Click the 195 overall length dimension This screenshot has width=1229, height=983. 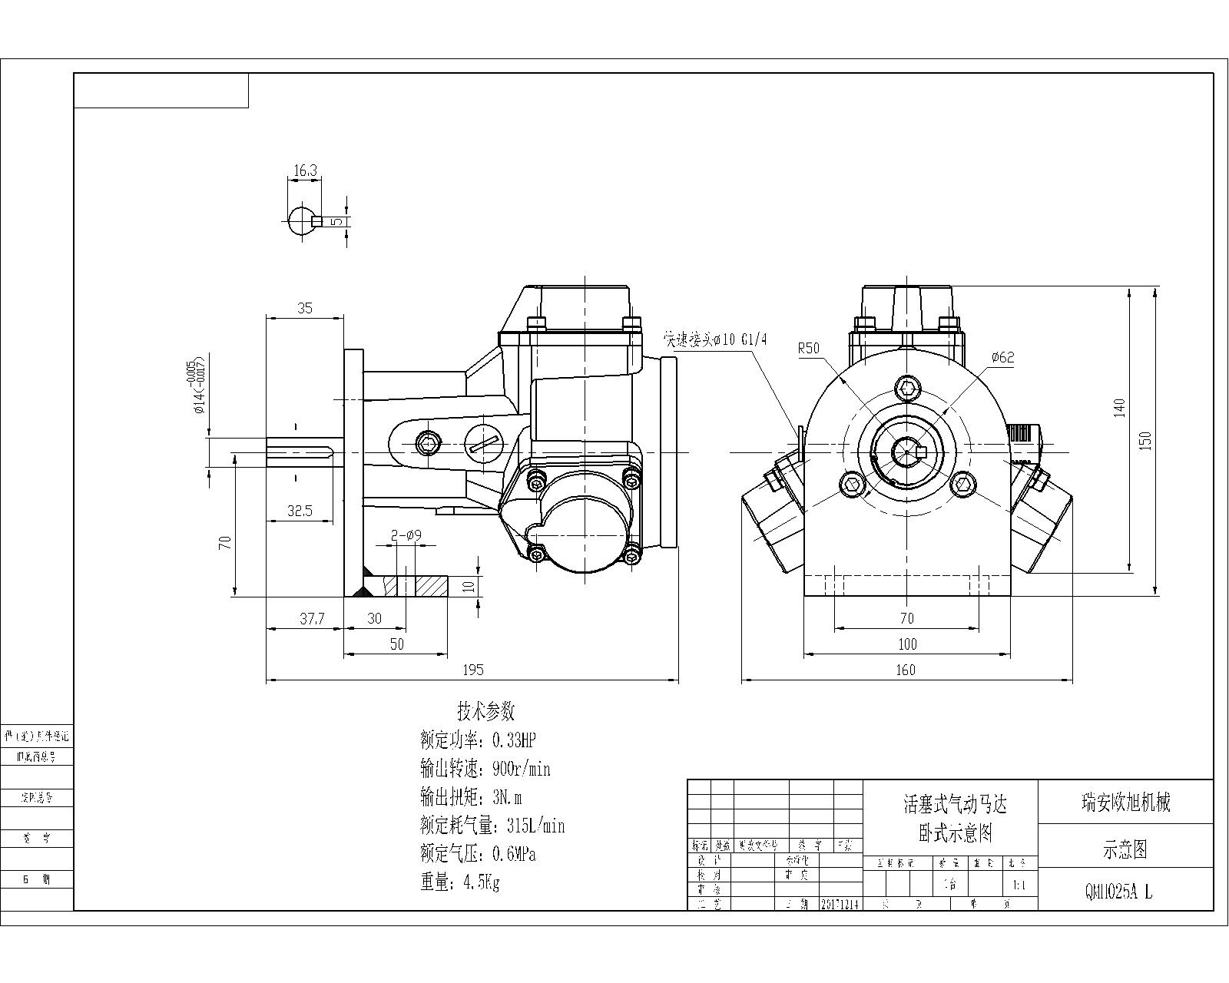pos(473,670)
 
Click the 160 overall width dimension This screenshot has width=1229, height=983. pos(906,670)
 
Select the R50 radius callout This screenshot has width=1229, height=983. pos(809,348)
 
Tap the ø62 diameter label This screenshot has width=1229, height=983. pos(1002,357)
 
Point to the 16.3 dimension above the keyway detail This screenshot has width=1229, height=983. pos(305,170)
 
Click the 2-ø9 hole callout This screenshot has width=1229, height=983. pos(406,537)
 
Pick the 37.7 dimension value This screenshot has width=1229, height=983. pos(311,619)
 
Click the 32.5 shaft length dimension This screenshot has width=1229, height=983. pos(300,511)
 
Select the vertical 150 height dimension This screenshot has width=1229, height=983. pos(1145,440)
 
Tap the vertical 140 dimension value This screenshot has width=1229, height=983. pos(1119,407)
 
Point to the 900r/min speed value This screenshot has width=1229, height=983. pos(516,769)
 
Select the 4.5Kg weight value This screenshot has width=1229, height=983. pos(481,882)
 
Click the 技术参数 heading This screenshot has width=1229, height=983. pos(485,710)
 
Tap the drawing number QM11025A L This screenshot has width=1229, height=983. pos(1118,892)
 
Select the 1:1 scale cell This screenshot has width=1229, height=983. pos(1020,885)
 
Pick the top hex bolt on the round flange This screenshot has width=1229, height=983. pos(907,388)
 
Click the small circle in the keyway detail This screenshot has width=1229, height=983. pos(302,222)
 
